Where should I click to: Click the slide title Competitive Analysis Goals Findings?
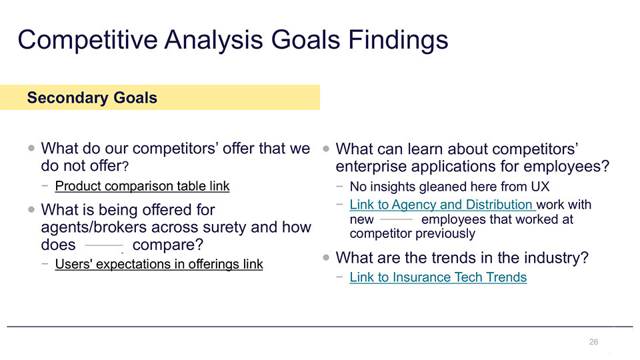233,41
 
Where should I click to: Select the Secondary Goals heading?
92,98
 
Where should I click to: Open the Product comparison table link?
143,186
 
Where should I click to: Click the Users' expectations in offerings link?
159,264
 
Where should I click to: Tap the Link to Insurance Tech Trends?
439,277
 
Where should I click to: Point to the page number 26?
593,342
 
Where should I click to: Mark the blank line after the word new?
396,219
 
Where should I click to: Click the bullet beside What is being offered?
31,209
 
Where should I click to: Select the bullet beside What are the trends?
326,257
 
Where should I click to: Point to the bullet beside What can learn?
326,149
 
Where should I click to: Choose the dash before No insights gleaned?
339,187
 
